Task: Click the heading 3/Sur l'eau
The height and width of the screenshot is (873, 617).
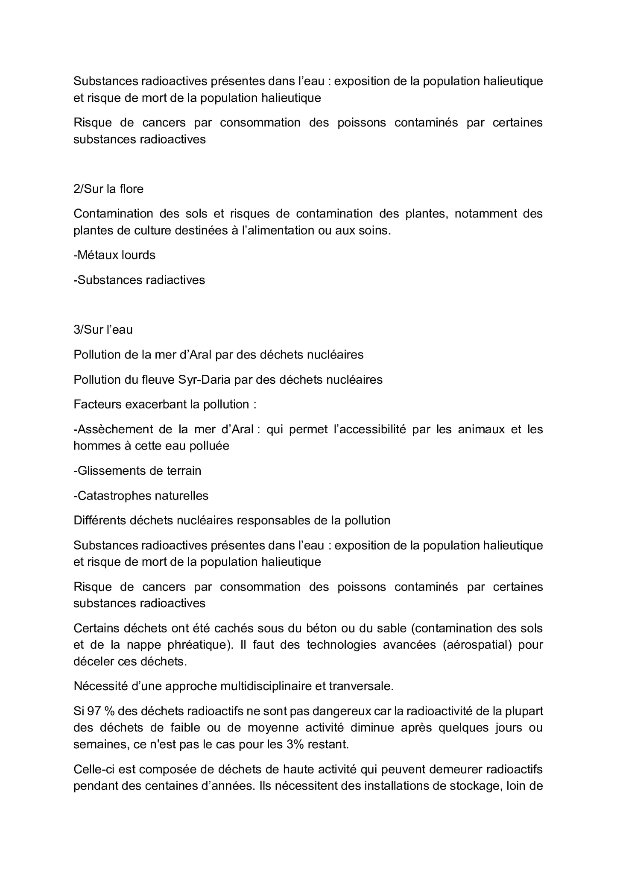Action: [x=103, y=329]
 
